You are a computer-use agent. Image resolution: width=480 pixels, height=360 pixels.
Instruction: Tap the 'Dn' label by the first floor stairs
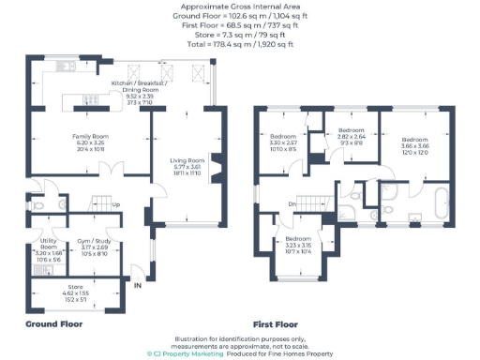point(293,203)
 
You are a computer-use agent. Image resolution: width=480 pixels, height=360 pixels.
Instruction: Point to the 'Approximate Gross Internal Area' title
point(239,6)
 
